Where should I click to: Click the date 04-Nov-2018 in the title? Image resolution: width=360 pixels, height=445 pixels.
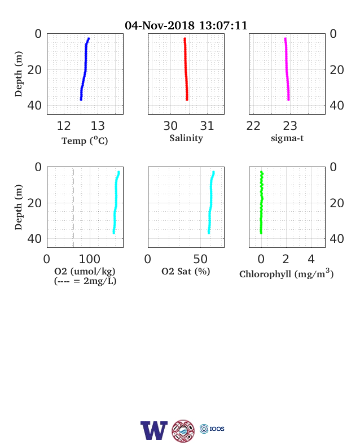pyautogui.click(x=160, y=25)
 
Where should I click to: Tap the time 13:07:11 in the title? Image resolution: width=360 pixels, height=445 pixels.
pyautogui.click(x=223, y=25)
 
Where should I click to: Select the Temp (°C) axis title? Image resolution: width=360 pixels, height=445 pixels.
pyautogui.click(x=85, y=141)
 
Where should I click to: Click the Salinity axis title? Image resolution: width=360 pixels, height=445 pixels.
pyautogui.click(x=186, y=138)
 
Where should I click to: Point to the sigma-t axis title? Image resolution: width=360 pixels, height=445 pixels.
pyautogui.click(x=287, y=138)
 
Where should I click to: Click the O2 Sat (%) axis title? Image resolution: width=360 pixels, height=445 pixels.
pyautogui.click(x=186, y=271)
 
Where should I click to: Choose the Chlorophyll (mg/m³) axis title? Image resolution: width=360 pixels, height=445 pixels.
pyautogui.click(x=286, y=273)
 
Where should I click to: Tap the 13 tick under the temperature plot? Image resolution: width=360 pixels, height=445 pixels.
pyautogui.click(x=98, y=126)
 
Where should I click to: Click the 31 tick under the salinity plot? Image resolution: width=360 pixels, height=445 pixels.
pyautogui.click(x=207, y=126)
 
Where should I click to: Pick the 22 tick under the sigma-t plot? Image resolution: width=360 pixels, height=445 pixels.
pyautogui.click(x=253, y=126)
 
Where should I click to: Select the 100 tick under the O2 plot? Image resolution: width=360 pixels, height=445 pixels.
pyautogui.click(x=90, y=259)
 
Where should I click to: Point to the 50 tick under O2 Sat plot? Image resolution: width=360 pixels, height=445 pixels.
pyautogui.click(x=200, y=259)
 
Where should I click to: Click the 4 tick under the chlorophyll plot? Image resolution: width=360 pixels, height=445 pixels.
pyautogui.click(x=311, y=259)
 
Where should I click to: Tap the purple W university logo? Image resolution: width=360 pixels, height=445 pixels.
pyautogui.click(x=154, y=430)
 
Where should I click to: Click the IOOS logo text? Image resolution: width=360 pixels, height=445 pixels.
pyautogui.click(x=217, y=429)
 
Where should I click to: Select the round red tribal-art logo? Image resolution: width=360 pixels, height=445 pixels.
pyautogui.click(x=183, y=431)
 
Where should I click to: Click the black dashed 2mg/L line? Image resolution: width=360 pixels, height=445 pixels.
pyautogui.click(x=73, y=208)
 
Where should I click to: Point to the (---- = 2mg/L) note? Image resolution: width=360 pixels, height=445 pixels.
pyautogui.click(x=85, y=281)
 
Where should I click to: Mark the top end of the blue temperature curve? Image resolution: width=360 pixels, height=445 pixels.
pyautogui.click(x=89, y=38)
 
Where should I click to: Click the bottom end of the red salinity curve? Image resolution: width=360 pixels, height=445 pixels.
pyautogui.click(x=187, y=99)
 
